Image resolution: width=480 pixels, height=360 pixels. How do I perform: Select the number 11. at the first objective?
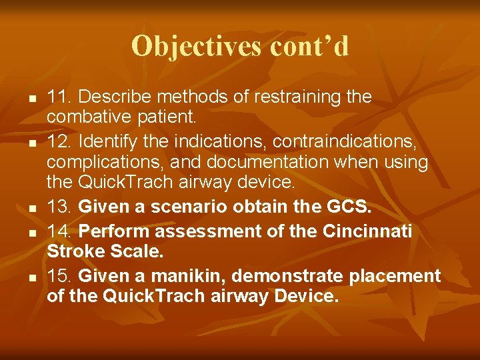57,97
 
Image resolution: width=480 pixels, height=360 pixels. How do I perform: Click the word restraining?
297,97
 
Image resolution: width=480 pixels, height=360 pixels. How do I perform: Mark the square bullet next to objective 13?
31,209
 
